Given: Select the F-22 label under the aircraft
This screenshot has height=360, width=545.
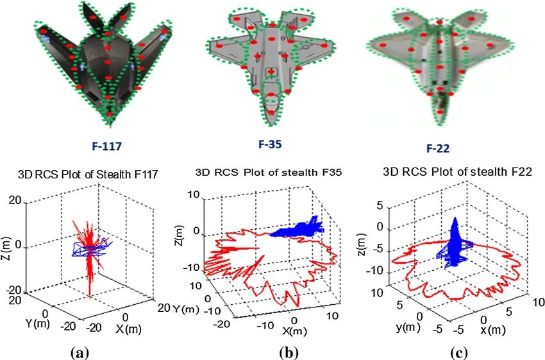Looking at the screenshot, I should [438, 148].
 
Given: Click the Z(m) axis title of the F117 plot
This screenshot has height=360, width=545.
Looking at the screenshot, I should [7, 249].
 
